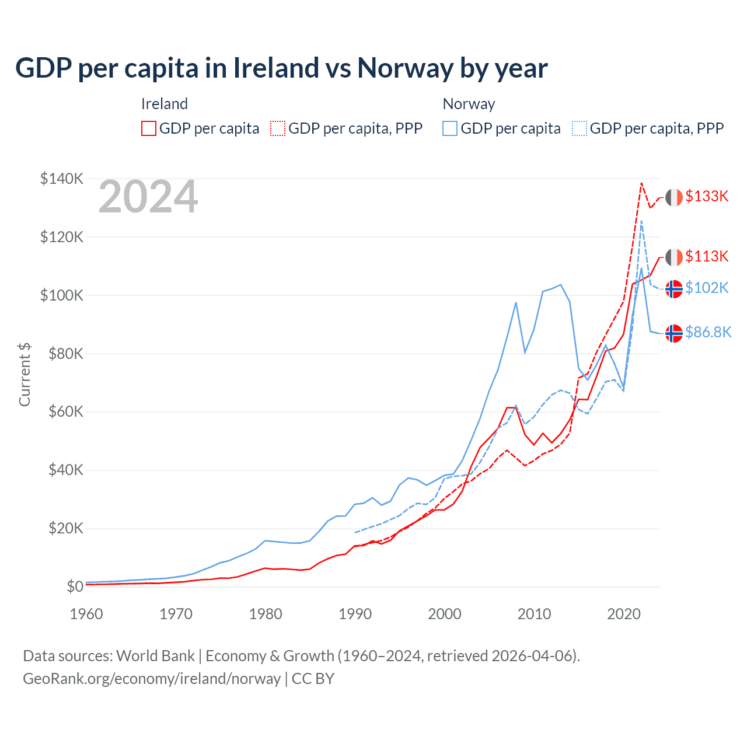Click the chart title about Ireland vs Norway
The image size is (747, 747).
(x=281, y=68)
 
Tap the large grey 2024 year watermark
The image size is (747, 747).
(x=148, y=197)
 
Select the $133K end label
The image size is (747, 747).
(x=707, y=196)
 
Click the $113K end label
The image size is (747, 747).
(x=707, y=256)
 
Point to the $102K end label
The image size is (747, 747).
(x=707, y=288)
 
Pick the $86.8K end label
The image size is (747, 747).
(x=708, y=332)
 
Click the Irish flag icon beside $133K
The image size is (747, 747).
(x=674, y=197)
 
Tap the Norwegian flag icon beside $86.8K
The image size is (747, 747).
(x=674, y=333)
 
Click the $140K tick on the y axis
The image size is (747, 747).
(x=62, y=179)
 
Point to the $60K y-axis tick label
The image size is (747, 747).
(x=65, y=412)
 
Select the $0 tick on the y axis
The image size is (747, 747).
(x=75, y=587)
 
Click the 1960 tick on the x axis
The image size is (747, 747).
(x=86, y=614)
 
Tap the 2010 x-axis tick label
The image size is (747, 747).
(x=535, y=614)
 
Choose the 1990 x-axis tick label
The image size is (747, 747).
(x=355, y=614)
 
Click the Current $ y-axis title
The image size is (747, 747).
(x=25, y=374)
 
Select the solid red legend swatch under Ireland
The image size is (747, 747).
(x=149, y=128)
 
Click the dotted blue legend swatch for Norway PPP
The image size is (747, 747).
(x=580, y=128)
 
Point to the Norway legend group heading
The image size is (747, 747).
(x=469, y=104)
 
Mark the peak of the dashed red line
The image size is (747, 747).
(x=641, y=183)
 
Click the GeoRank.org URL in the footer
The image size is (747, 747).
(x=152, y=679)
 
